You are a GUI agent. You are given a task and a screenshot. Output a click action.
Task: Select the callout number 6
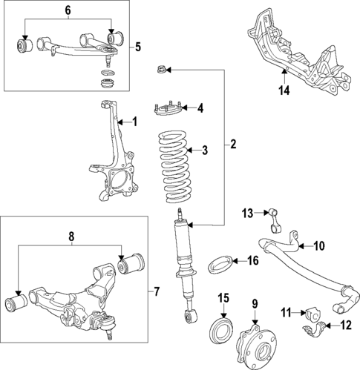(68, 10)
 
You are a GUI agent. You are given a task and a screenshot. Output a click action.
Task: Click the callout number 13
(247, 214)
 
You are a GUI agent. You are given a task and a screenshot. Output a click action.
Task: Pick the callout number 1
(134, 121)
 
